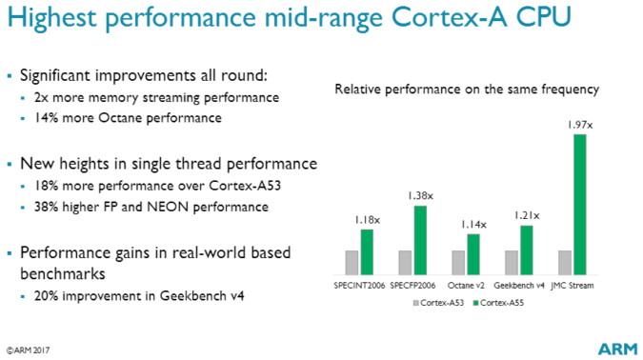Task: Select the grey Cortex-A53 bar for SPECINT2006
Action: coord(352,262)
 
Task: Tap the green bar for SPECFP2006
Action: coord(420,239)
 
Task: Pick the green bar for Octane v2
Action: coord(473,253)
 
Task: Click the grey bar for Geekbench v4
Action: coord(512,262)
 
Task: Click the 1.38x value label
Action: coord(420,196)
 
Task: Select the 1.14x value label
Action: coord(473,225)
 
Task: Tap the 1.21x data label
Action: coord(527,216)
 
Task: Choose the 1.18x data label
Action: coord(366,220)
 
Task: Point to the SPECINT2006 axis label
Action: coord(359,284)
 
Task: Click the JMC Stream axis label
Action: coord(573,284)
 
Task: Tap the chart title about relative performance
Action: coord(466,90)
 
